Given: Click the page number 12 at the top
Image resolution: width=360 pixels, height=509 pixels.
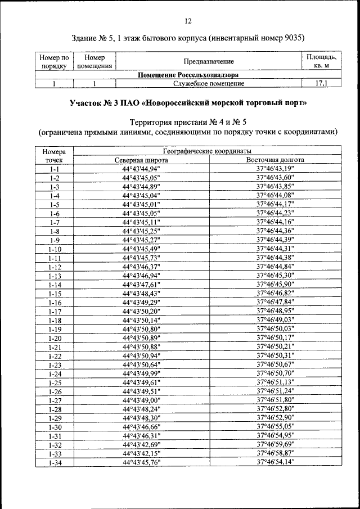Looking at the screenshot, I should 188,21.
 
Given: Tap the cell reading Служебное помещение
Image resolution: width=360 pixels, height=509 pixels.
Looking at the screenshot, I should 208,84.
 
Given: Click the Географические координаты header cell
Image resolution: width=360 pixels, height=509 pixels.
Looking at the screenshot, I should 208,151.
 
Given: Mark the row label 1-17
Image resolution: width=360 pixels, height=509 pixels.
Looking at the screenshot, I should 55,311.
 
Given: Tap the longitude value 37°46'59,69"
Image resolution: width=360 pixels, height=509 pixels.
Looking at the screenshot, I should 275,444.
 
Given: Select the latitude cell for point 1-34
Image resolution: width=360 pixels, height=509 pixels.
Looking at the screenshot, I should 141,462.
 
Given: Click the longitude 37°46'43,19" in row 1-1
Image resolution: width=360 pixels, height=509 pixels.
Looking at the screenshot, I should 275,169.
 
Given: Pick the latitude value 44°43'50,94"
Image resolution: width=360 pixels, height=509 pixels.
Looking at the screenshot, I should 141,355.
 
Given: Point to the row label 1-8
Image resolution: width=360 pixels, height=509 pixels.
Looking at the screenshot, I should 55,231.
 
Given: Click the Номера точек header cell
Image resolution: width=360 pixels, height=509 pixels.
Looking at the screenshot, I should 55,156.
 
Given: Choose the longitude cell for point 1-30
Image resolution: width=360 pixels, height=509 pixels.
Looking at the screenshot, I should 275,426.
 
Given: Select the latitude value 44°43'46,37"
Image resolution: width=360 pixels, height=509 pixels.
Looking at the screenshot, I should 141,267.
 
